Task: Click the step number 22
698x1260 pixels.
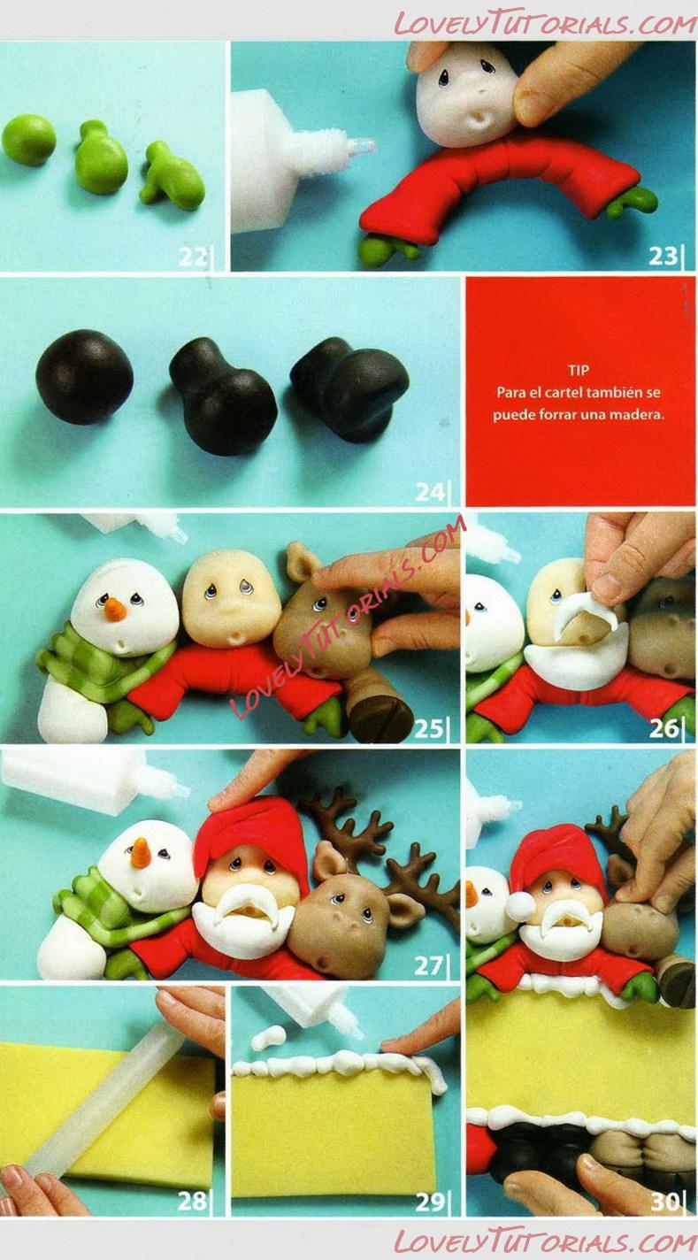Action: tap(193, 257)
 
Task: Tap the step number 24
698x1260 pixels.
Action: tap(430, 492)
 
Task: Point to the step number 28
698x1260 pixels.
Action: tap(192, 1201)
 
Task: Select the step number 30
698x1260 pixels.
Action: tap(666, 1202)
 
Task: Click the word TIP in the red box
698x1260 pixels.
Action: tap(579, 370)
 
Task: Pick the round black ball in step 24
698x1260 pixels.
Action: tap(84, 376)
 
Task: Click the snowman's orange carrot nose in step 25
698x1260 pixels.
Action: tap(114, 609)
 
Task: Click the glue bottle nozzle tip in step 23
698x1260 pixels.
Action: tap(368, 146)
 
